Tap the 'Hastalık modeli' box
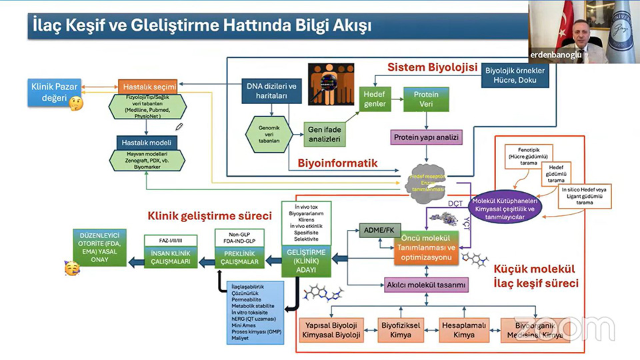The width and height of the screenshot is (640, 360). click(147, 143)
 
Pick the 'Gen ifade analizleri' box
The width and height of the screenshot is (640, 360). click(323, 134)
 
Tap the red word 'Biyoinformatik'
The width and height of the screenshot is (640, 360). click(338, 163)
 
